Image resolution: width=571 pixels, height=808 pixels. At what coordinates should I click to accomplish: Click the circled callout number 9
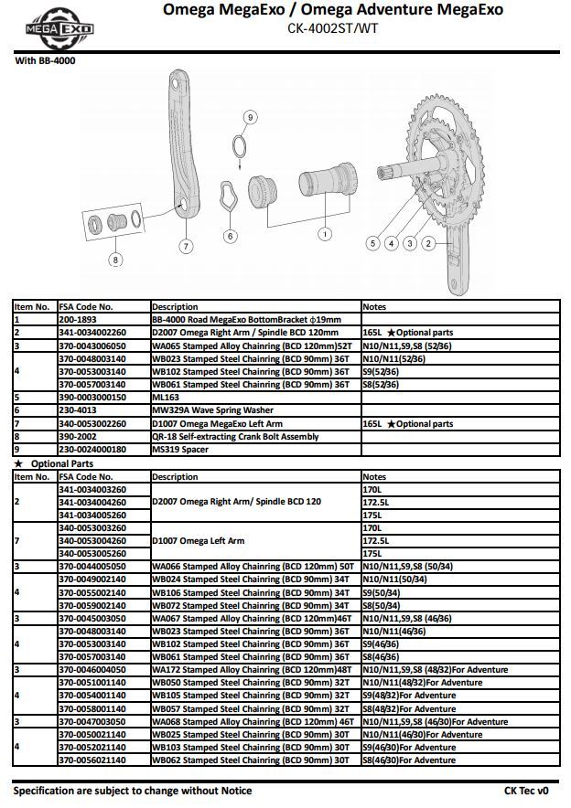pyautogui.click(x=251, y=117)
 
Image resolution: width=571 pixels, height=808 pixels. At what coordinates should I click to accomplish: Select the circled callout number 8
pyautogui.click(x=115, y=260)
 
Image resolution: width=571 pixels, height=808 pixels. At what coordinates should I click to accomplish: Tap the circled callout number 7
pyautogui.click(x=185, y=245)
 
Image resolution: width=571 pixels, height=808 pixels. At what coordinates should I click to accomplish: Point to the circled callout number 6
pyautogui.click(x=230, y=236)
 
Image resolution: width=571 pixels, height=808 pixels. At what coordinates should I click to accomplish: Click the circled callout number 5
pyautogui.click(x=372, y=243)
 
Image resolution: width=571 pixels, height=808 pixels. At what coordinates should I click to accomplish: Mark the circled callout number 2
pyautogui.click(x=427, y=243)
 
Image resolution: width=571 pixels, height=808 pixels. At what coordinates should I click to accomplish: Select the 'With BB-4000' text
pyautogui.click(x=46, y=60)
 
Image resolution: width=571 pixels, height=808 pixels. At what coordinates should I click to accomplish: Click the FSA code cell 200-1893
pyautogui.click(x=79, y=320)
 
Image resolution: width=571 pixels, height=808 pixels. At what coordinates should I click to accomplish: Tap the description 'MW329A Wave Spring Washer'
pyautogui.click(x=212, y=411)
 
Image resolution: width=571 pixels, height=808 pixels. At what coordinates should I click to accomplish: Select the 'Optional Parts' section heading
pyautogui.click(x=62, y=463)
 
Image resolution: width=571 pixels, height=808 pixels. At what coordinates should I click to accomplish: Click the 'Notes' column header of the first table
pyautogui.click(x=375, y=307)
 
